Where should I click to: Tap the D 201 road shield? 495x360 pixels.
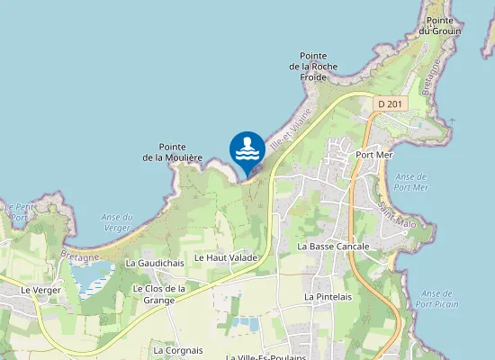[x=391, y=104]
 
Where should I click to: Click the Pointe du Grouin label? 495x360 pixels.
[x=445, y=25]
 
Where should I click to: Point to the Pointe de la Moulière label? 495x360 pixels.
[x=172, y=152]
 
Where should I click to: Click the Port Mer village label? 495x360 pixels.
[x=374, y=154]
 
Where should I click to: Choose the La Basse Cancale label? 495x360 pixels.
[x=333, y=246]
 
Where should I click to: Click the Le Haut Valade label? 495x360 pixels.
[x=226, y=257]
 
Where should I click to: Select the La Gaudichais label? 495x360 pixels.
[x=155, y=263]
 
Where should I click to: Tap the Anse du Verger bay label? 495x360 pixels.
[x=117, y=222]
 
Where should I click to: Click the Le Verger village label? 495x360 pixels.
[x=39, y=290]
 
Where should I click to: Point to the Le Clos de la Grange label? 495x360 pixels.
[x=158, y=294]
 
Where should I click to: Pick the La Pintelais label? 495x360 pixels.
[x=328, y=296]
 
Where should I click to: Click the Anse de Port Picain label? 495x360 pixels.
[x=436, y=299]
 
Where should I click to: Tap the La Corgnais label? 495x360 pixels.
[x=178, y=350]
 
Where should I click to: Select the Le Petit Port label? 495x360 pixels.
[x=20, y=211]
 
